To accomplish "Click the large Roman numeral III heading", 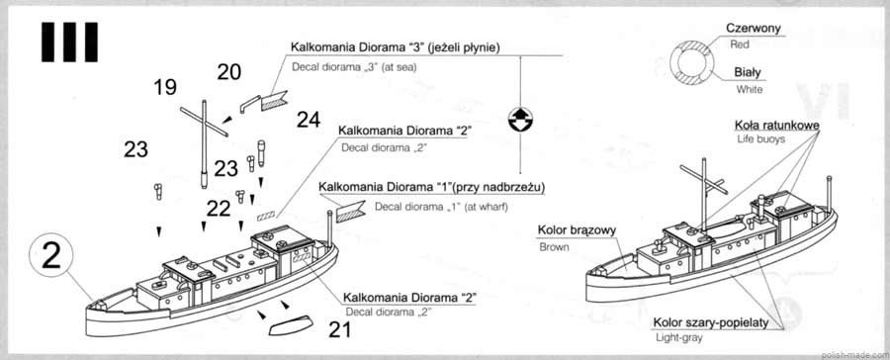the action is coord(69,42).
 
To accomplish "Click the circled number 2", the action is coord(51,257).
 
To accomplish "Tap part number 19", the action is coord(165,87).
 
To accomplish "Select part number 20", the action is coord(228,72).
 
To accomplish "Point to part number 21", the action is coord(339,330).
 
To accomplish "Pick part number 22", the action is coord(219,209).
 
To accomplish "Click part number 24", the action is coord(309,120).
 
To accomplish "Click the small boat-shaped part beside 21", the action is coord(290,324).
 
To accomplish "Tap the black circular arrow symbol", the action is coord(520,120).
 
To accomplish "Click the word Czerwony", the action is coord(754,29).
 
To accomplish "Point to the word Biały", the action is coord(748,72).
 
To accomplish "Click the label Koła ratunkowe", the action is coord(776,125).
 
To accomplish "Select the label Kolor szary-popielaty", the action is coord(711,323).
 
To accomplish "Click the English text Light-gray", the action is coord(678,338).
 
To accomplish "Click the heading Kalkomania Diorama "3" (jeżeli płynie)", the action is coord(395,47).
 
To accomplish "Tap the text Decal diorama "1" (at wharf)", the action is coord(441,207).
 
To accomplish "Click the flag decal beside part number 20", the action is coord(274,102).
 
